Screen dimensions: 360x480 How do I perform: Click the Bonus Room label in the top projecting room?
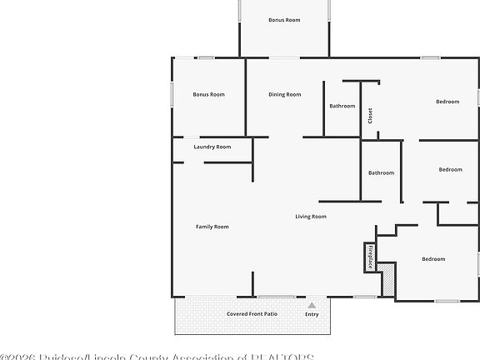click(x=284, y=20)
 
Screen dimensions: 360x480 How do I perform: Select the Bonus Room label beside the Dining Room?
click(x=208, y=95)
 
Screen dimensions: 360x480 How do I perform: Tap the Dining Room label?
click(x=284, y=95)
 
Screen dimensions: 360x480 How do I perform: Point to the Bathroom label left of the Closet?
click(x=342, y=107)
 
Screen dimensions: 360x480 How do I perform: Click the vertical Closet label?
click(x=370, y=116)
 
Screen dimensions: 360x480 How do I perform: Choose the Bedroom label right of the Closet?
click(x=447, y=102)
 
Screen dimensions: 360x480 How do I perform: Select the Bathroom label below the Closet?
click(x=381, y=172)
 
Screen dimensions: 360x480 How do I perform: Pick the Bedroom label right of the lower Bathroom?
click(x=450, y=170)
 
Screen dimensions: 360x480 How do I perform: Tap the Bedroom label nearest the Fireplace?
click(x=433, y=259)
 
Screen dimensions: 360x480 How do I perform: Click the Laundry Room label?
click(x=212, y=147)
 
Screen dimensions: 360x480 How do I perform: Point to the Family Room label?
click(x=212, y=227)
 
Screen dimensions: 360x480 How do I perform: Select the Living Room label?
click(x=311, y=217)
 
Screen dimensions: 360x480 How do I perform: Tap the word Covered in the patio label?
click(x=240, y=314)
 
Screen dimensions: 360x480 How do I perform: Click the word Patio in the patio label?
click(x=270, y=314)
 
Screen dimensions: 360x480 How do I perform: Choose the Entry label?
click(x=312, y=315)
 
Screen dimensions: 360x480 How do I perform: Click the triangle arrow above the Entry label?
click(x=312, y=306)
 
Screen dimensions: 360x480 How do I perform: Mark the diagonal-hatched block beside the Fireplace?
click(x=387, y=277)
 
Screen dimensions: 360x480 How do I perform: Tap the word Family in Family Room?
click(x=204, y=227)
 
